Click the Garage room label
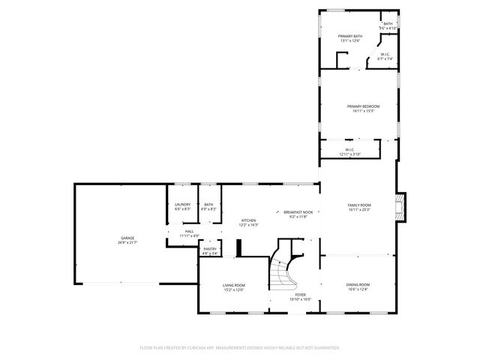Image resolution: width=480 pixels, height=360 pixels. pyautogui.click(x=121, y=238)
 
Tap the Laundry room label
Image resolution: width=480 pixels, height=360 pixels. pyautogui.click(x=182, y=205)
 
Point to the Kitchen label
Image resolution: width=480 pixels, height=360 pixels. pyautogui.click(x=248, y=220)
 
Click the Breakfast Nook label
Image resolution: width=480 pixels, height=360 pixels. pyautogui.click(x=298, y=212)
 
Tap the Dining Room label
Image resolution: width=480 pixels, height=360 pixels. pyautogui.click(x=358, y=284)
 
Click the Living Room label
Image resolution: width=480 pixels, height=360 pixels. pyautogui.click(x=234, y=285)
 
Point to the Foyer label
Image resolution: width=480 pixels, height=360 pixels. pyautogui.click(x=300, y=295)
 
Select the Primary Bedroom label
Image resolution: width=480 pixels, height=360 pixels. pyautogui.click(x=363, y=106)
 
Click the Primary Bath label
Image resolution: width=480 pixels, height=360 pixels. pyautogui.click(x=350, y=36)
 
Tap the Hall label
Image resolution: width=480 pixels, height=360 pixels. pyautogui.click(x=190, y=231)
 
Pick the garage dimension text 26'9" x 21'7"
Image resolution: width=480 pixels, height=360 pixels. pyautogui.click(x=121, y=243)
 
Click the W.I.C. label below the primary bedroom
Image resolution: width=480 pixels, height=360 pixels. pyautogui.click(x=349, y=149)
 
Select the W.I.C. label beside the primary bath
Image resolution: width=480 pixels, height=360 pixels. pyautogui.click(x=384, y=54)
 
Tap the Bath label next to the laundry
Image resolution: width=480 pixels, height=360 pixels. pyautogui.click(x=208, y=205)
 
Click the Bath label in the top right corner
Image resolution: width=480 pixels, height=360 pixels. pyautogui.click(x=388, y=23)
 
